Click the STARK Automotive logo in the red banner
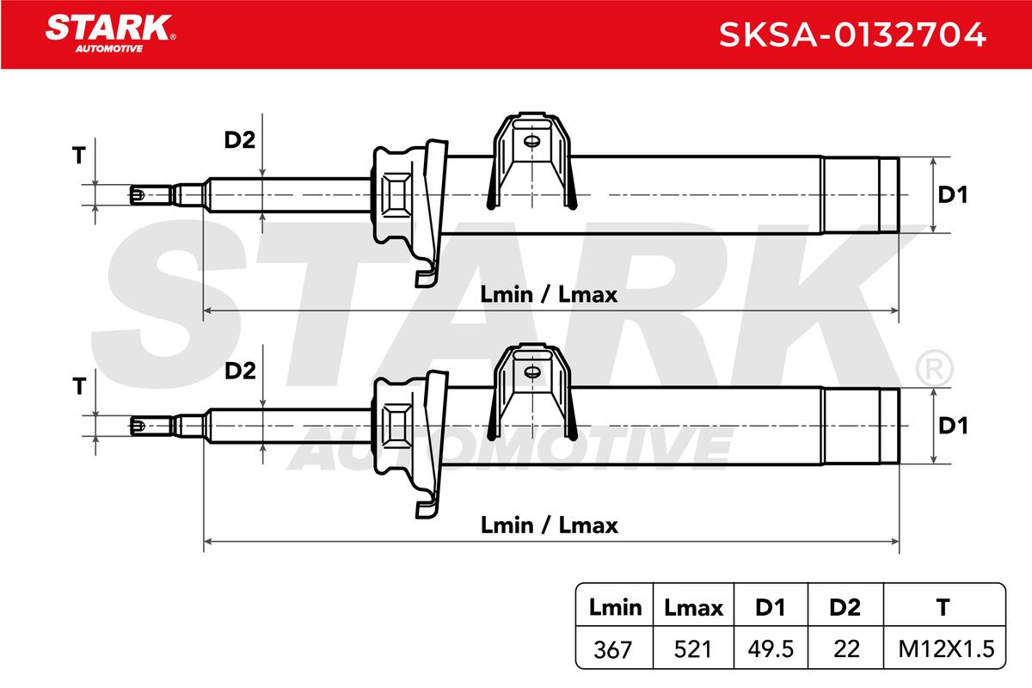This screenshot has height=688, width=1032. (x=110, y=34)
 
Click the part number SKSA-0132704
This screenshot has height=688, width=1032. (x=852, y=35)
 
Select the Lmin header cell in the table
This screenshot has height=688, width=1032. (x=615, y=607)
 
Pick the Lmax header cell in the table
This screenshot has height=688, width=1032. (x=693, y=607)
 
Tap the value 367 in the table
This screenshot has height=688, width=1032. (x=612, y=649)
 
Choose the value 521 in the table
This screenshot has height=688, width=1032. (x=692, y=649)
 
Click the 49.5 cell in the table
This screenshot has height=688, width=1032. (x=771, y=649)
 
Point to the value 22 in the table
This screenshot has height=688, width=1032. (x=846, y=649)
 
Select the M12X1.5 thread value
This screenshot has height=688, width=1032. (x=946, y=649)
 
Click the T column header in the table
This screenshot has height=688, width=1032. (x=943, y=607)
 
